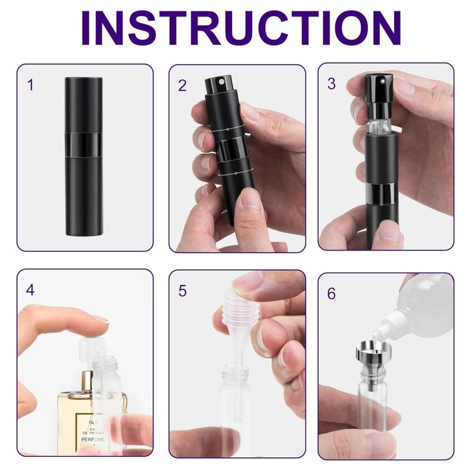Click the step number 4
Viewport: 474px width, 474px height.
click(x=31, y=290)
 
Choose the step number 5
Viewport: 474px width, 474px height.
click(x=182, y=290)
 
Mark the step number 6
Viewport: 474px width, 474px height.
click(x=332, y=293)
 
